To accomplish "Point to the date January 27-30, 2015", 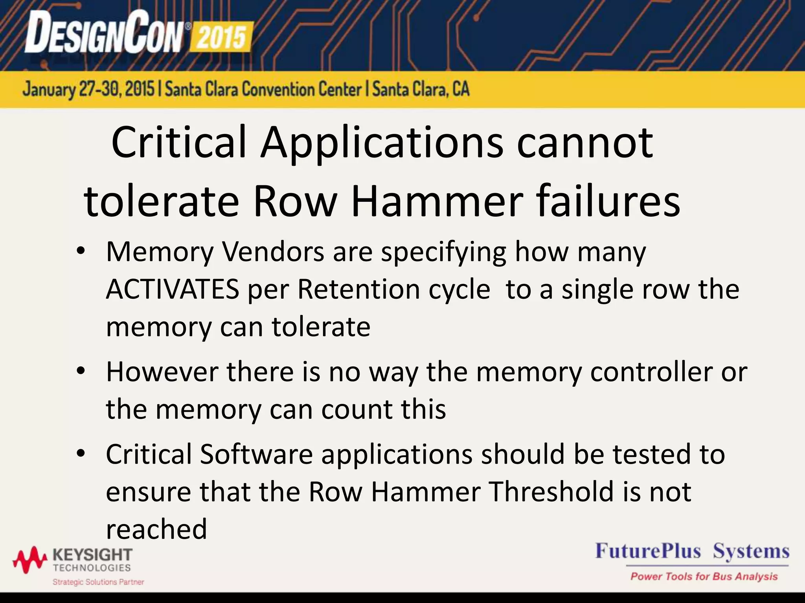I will (88, 89).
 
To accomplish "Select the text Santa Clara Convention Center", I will (263, 89).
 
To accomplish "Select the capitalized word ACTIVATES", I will (173, 289).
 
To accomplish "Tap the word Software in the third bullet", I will (256, 454).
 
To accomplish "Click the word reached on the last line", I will (156, 529).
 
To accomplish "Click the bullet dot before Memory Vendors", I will (81, 251).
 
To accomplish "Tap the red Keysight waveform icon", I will (30, 559).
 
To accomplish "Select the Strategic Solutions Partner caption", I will (98, 582).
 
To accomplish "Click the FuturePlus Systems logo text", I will (692, 551).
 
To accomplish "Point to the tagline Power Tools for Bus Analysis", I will (704, 576).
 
